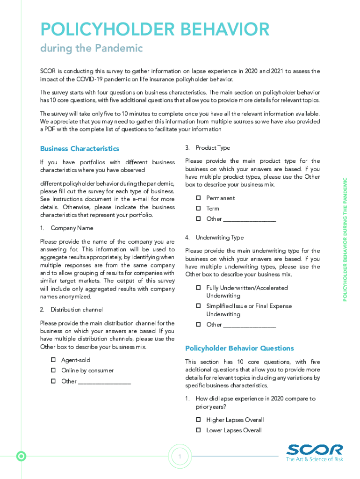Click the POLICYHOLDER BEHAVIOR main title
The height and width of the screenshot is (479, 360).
tap(155, 29)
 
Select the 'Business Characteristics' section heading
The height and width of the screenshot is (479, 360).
tap(79, 149)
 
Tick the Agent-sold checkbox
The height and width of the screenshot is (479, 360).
tap(53, 360)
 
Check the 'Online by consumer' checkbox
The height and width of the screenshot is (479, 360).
tap(53, 370)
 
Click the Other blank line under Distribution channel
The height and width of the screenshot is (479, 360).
tap(104, 382)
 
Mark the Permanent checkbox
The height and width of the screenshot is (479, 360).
tap(198, 198)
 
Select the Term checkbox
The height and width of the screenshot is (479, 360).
tap(198, 209)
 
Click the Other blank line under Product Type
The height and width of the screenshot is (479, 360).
tap(249, 219)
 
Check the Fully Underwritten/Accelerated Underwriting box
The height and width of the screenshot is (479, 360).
tap(198, 288)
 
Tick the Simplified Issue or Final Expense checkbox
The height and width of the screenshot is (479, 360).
tap(198, 306)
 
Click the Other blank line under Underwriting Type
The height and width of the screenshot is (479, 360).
tap(249, 325)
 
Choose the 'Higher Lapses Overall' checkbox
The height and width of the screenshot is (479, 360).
tap(198, 420)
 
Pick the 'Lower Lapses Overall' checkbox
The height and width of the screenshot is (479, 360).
tap(198, 430)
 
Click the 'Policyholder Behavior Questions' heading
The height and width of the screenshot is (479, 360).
tap(239, 348)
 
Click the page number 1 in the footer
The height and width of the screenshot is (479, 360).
tap(180, 457)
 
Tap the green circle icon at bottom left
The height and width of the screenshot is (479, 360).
tap(21, 456)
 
